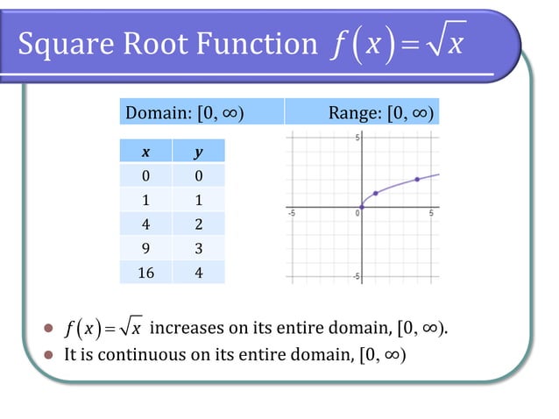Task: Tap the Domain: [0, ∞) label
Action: click(185, 112)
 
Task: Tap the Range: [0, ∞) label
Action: click(380, 112)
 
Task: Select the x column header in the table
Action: click(145, 152)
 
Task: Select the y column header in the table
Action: click(198, 152)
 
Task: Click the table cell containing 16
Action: click(145, 272)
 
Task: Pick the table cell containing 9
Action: click(145, 248)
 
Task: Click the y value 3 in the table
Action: click(198, 248)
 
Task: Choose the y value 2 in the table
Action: click(198, 224)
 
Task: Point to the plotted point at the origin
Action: click(362, 207)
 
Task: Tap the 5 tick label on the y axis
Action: click(357, 138)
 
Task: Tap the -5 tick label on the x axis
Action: click(293, 213)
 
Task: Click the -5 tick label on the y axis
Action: click(355, 276)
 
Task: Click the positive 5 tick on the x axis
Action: click(431, 213)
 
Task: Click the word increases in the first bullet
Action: click(187, 329)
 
